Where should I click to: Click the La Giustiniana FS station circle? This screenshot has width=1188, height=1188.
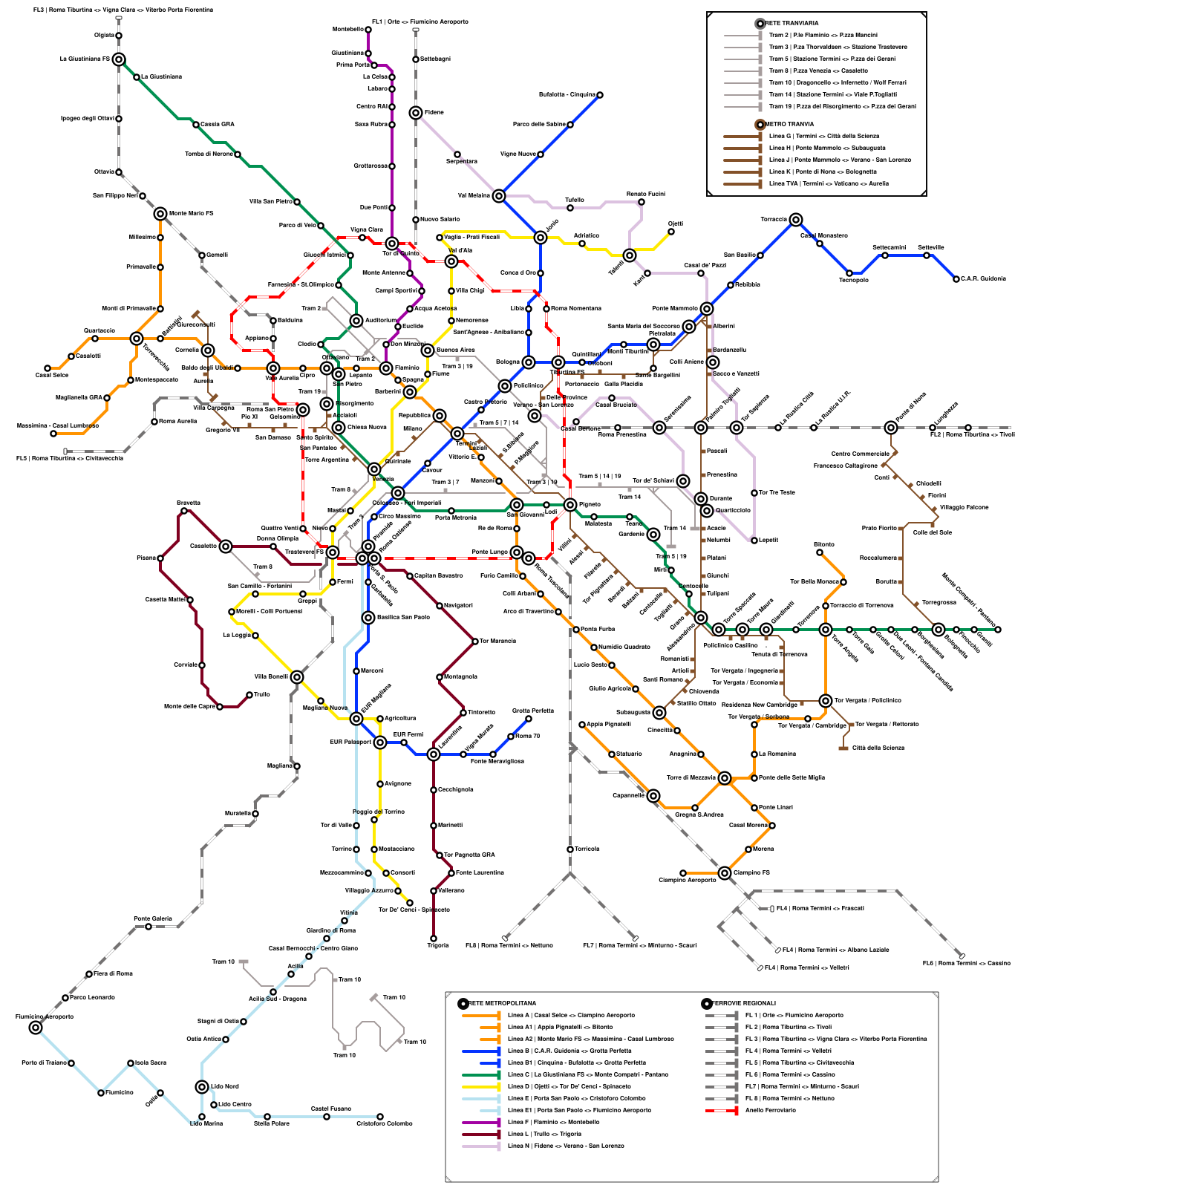pos(119,59)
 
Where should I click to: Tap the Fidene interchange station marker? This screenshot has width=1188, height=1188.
pos(416,113)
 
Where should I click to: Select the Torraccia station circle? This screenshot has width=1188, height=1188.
pos(796,220)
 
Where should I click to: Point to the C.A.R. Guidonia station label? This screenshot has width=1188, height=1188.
pos(983,279)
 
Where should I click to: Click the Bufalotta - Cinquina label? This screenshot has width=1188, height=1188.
pos(567,95)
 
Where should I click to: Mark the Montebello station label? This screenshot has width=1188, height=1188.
pos(347,30)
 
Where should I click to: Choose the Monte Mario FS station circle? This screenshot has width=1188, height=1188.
pos(160,214)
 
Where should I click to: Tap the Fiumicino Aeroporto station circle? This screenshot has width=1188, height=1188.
pos(36,1028)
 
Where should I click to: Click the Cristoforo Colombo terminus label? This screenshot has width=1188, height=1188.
pos(384,1123)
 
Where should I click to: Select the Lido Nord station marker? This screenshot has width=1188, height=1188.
pos(202,1087)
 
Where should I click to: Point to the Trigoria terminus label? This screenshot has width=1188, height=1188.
pos(438,945)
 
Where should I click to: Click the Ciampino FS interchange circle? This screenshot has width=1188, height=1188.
pos(725,873)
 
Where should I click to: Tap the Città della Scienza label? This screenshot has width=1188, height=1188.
pos(878,748)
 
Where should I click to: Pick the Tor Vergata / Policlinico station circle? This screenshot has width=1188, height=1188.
pos(826,701)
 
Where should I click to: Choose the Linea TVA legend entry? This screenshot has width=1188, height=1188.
pos(829,183)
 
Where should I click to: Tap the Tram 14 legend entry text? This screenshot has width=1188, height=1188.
pos(832,94)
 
